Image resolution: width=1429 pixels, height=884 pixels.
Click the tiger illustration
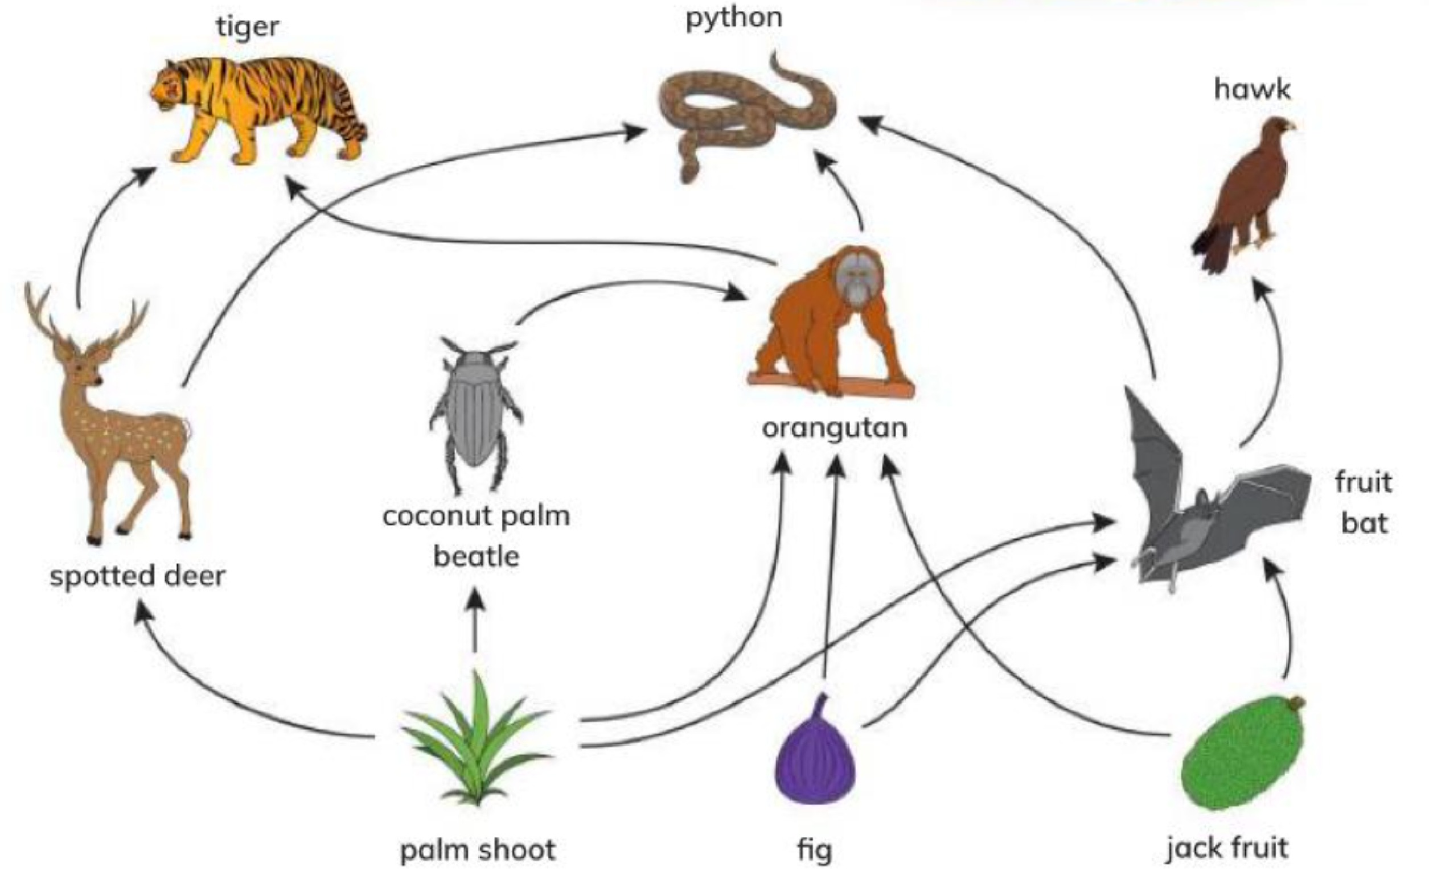(257, 111)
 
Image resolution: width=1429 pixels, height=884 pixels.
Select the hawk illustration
(1243, 196)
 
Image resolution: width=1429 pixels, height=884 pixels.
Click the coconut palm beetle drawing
(476, 415)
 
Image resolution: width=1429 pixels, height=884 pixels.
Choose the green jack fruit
(1242, 754)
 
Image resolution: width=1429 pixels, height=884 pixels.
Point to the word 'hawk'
(1253, 89)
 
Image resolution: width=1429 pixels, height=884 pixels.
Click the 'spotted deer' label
(138, 576)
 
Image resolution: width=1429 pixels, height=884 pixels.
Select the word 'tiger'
(248, 27)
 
